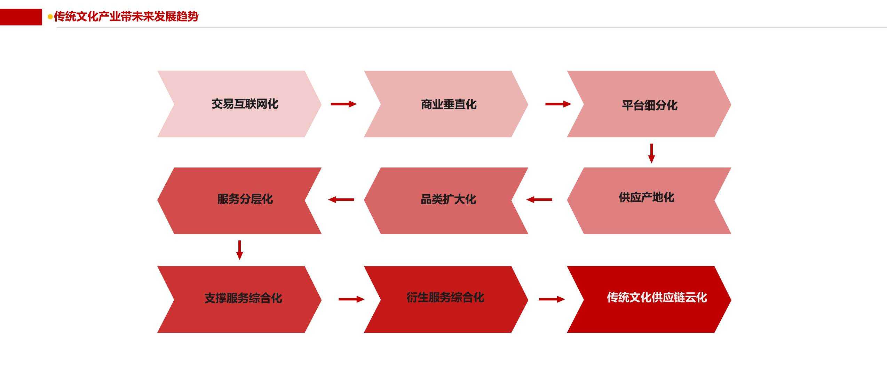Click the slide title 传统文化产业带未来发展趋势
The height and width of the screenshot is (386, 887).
(x=126, y=16)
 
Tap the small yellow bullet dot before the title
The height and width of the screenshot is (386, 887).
(x=50, y=16)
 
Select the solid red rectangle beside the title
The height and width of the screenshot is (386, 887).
(x=21, y=17)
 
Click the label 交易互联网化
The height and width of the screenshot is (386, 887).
(x=245, y=104)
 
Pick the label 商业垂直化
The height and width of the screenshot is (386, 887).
(x=449, y=104)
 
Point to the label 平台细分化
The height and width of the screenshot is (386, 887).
(x=649, y=105)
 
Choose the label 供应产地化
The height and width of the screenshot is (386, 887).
(x=647, y=197)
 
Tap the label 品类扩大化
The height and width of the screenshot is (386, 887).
(x=449, y=199)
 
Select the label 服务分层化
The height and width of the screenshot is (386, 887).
(x=245, y=199)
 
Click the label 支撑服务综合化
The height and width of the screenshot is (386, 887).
(x=243, y=298)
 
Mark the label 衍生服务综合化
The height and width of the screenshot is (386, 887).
(x=445, y=298)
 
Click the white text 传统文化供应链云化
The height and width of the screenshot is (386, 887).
(x=657, y=298)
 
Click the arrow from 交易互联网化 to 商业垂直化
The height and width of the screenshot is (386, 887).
(x=343, y=104)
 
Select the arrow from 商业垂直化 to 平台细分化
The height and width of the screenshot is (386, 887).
(x=558, y=104)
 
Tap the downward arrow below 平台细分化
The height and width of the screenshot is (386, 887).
(x=651, y=153)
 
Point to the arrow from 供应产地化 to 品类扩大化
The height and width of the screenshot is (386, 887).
(x=539, y=200)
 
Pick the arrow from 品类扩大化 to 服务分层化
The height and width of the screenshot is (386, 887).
(x=341, y=200)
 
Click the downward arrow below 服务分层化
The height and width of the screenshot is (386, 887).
(x=239, y=250)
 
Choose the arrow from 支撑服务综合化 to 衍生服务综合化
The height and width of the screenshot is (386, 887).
(x=351, y=299)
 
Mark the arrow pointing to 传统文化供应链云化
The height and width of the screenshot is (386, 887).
(x=552, y=299)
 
